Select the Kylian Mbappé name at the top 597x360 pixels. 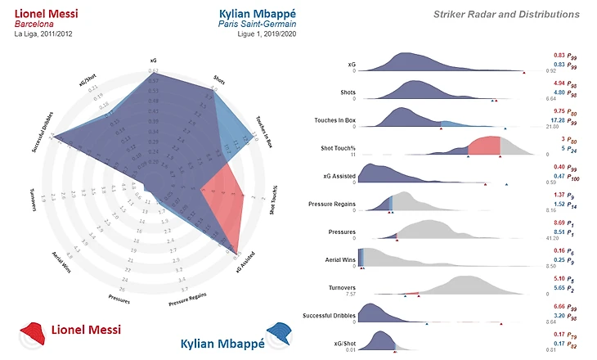coord(258,14)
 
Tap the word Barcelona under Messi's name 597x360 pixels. coord(34,25)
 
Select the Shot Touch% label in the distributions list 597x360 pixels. coord(336,148)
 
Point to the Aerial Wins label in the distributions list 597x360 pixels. coord(339,259)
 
